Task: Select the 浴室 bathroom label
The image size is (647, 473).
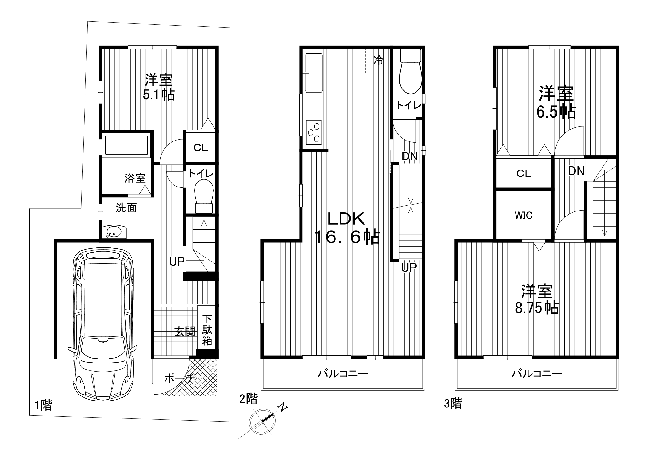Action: pyautogui.click(x=135, y=178)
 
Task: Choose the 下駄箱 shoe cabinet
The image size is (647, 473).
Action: pyautogui.click(x=207, y=330)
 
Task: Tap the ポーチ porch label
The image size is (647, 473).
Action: pyautogui.click(x=179, y=378)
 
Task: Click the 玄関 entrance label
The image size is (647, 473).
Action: pyautogui.click(x=185, y=331)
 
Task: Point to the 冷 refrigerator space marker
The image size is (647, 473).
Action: pyautogui.click(x=378, y=60)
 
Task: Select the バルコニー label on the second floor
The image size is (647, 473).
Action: pyautogui.click(x=343, y=374)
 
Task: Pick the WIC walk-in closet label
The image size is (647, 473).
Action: pyautogui.click(x=523, y=216)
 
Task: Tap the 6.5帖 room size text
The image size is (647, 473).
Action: pyautogui.click(x=556, y=112)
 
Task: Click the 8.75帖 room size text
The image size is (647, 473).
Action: pyautogui.click(x=537, y=308)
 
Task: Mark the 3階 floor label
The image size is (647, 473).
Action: pyautogui.click(x=453, y=403)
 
